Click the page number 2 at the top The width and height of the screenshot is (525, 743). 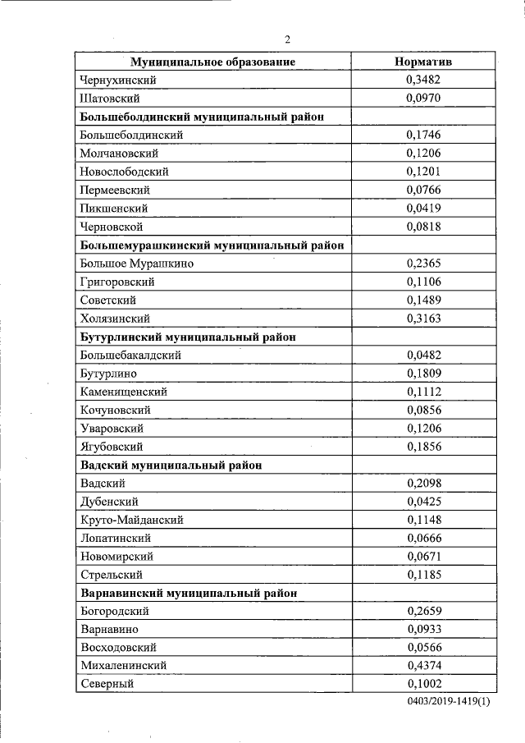click(288, 39)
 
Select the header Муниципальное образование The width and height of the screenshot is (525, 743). click(213, 62)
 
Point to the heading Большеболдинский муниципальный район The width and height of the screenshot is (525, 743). click(202, 117)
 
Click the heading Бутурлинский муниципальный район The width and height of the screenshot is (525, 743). click(188, 337)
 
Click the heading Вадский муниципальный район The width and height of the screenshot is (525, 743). click(171, 465)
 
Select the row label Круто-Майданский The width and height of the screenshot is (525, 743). click(131, 520)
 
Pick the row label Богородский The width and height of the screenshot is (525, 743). click(114, 611)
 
